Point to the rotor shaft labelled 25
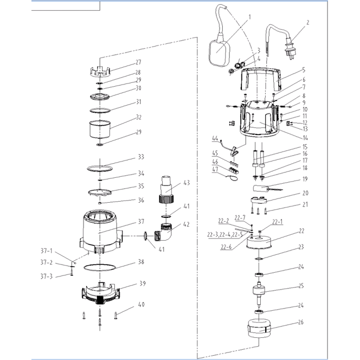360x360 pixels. click(x=259, y=293)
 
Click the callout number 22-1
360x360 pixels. click(x=277, y=221)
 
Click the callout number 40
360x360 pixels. click(x=142, y=305)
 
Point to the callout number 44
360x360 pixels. click(x=215, y=139)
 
